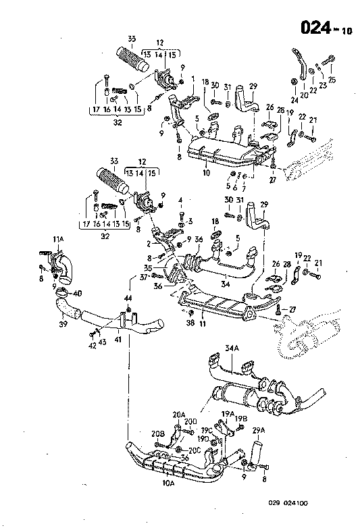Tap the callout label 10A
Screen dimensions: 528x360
pos(168,483)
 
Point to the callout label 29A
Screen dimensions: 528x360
pos(259,429)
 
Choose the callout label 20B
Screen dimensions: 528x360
pos(157,433)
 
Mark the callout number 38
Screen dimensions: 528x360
pos(190,324)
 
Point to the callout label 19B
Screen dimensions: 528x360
pos(241,419)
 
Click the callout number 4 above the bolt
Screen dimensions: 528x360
pos(181,200)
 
